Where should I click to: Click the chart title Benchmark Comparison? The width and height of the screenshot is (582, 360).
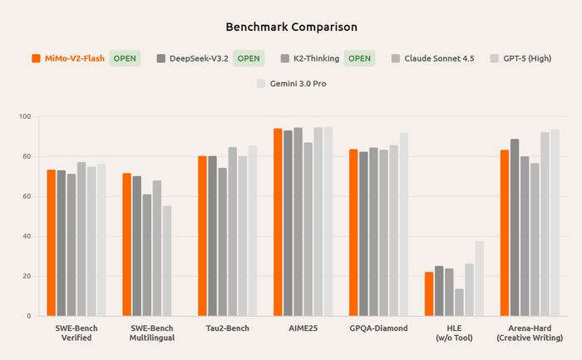point(292,27)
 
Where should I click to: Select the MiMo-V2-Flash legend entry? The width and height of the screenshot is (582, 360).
point(68,58)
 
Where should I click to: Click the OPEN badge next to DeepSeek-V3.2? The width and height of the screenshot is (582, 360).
point(248,58)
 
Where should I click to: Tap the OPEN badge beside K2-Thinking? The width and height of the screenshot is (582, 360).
point(359,58)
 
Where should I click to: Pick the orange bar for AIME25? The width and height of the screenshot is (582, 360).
point(278,222)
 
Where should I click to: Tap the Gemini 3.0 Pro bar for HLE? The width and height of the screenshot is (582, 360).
point(479,279)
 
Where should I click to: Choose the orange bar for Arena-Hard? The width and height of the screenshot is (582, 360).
point(505,233)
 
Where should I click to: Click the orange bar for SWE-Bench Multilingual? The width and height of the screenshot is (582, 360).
point(126,244)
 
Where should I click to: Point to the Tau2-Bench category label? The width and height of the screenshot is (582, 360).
point(226,328)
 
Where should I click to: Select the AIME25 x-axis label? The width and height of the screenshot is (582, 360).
point(303,328)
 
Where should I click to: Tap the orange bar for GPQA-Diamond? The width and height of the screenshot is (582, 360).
point(353,233)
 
